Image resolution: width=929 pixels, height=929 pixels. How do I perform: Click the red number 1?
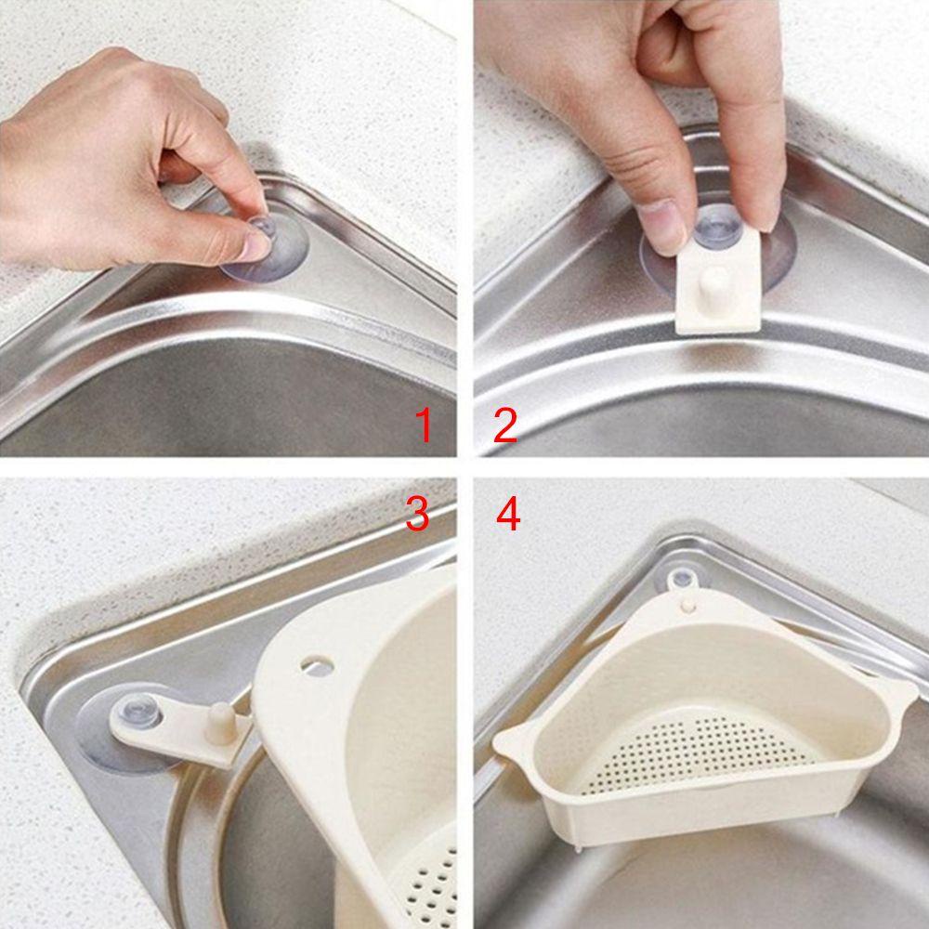tap(424, 426)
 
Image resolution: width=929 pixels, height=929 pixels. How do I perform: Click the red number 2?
tap(504, 426)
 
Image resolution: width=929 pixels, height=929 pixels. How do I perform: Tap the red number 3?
tap(417, 514)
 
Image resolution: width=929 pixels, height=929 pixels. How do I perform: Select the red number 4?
tap(507, 514)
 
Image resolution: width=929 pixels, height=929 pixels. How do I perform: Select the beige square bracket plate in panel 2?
tap(716, 297)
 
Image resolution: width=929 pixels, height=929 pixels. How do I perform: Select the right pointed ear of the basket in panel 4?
tap(899, 692)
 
